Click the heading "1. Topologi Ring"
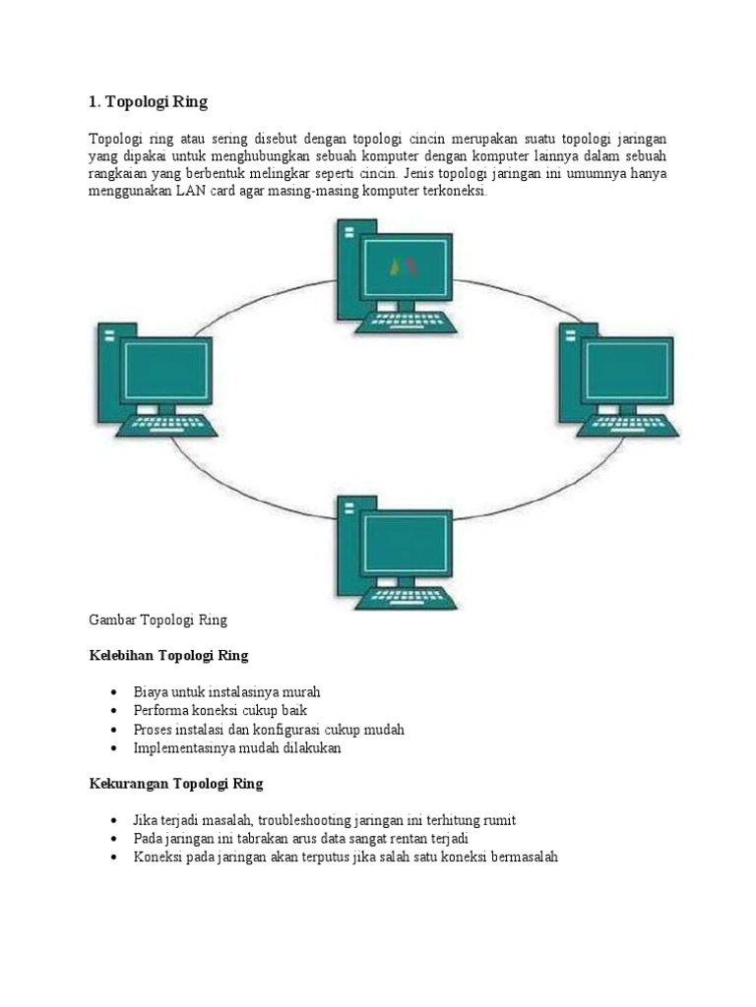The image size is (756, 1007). point(149,101)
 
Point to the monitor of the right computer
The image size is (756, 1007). point(629,373)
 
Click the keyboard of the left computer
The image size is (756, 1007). point(167,427)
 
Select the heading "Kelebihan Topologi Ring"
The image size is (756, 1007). point(168,656)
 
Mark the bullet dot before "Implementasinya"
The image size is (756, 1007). point(115,748)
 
